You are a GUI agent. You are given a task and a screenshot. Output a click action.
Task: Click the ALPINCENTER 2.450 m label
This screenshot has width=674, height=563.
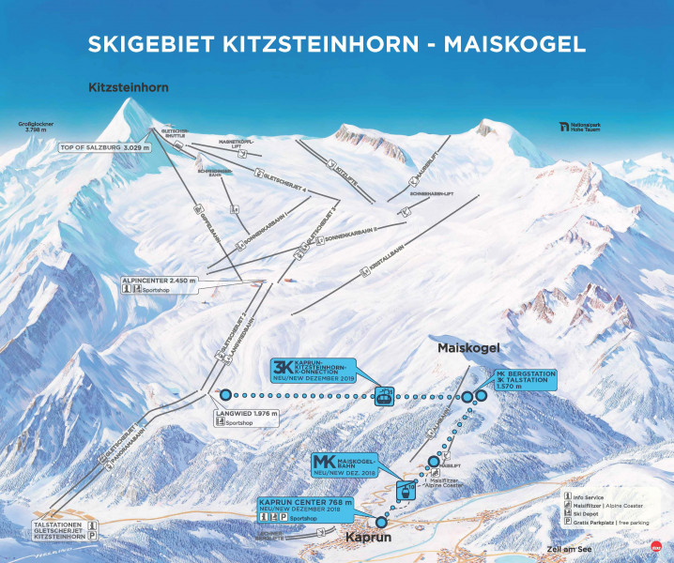pyautogui.click(x=160, y=280)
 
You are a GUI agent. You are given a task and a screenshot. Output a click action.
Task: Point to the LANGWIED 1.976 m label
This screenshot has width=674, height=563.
pyautogui.click(x=246, y=412)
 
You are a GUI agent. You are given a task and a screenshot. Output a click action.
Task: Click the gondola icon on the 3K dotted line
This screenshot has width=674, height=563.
pyautogui.click(x=383, y=396)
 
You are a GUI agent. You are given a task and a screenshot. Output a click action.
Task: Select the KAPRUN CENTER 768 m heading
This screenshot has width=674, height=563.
pyautogui.click(x=305, y=503)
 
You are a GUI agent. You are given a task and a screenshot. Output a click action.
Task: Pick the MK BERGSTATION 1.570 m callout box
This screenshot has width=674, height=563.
pyautogui.click(x=525, y=379)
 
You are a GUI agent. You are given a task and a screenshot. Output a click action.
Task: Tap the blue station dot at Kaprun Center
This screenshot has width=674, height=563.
pyautogui.click(x=380, y=522)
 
